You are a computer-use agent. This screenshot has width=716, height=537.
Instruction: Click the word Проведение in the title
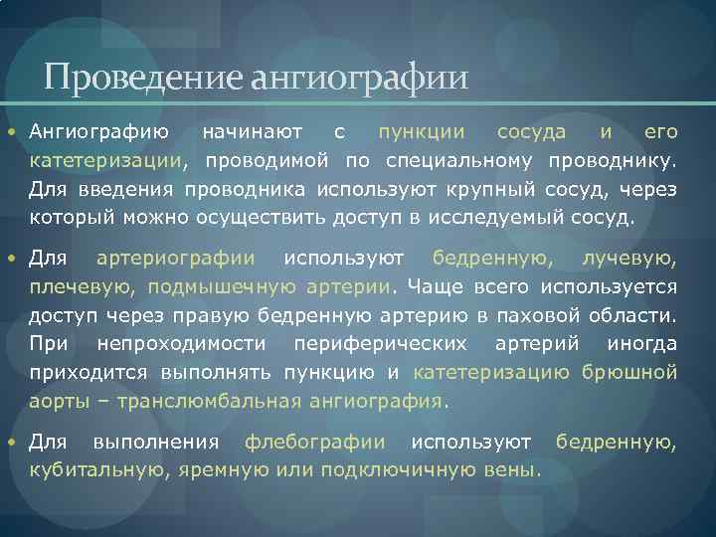coord(143,77)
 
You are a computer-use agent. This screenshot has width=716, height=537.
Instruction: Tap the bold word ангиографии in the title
coord(359,77)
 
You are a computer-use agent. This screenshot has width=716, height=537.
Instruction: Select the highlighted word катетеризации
coord(106,161)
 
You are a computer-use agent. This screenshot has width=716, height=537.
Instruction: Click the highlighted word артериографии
coord(175,260)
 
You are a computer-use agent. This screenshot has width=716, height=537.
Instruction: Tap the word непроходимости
coord(182,345)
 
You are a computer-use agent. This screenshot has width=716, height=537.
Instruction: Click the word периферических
coord(382,345)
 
